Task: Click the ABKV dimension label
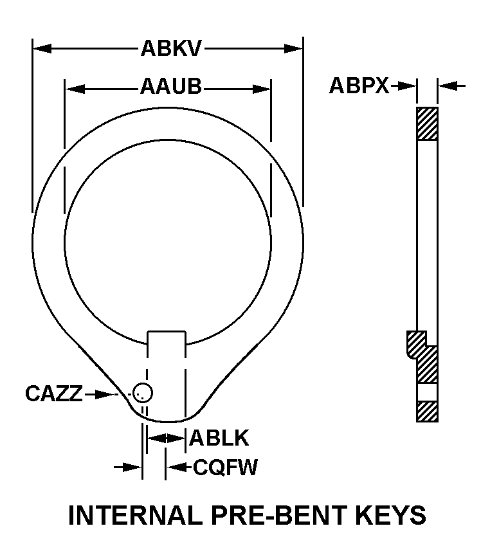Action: point(171,48)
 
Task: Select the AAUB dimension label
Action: point(171,86)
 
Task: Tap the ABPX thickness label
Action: point(359,86)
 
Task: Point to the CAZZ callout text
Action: point(54,393)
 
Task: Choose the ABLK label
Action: point(219,438)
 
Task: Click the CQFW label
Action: point(226,467)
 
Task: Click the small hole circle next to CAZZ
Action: point(143,392)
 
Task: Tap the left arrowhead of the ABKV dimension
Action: point(42,48)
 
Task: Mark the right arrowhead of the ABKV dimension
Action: point(293,48)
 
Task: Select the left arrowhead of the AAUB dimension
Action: point(75,89)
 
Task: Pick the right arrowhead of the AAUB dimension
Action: point(262,89)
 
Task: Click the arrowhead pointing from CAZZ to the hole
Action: point(105,394)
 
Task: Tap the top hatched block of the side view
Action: point(427,124)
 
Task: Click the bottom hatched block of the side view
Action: point(427,411)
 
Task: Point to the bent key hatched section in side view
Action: point(423,357)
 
